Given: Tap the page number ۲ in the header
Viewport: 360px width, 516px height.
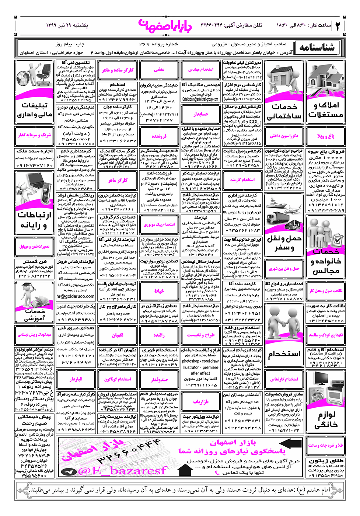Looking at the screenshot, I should (338, 25).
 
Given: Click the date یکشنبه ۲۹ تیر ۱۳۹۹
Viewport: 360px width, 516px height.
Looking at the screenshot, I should (67, 25).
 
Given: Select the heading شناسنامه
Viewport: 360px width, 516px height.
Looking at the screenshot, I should (317, 48).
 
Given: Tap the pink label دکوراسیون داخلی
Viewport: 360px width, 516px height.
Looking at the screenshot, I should (284, 136).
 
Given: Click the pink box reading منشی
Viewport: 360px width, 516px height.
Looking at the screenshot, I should (159, 69).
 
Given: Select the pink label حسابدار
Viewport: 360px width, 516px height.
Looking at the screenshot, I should (201, 114).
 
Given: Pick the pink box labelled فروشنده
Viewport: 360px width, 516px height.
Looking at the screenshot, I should (159, 136).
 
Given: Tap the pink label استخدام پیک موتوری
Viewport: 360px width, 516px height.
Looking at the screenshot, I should (159, 224).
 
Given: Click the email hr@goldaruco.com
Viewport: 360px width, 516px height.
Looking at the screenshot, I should (75, 296).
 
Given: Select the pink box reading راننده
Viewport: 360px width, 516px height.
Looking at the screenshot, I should (159, 335).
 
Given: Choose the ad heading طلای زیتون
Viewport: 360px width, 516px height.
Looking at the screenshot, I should (326, 461).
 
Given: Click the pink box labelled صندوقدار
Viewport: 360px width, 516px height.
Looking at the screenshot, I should (159, 379).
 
